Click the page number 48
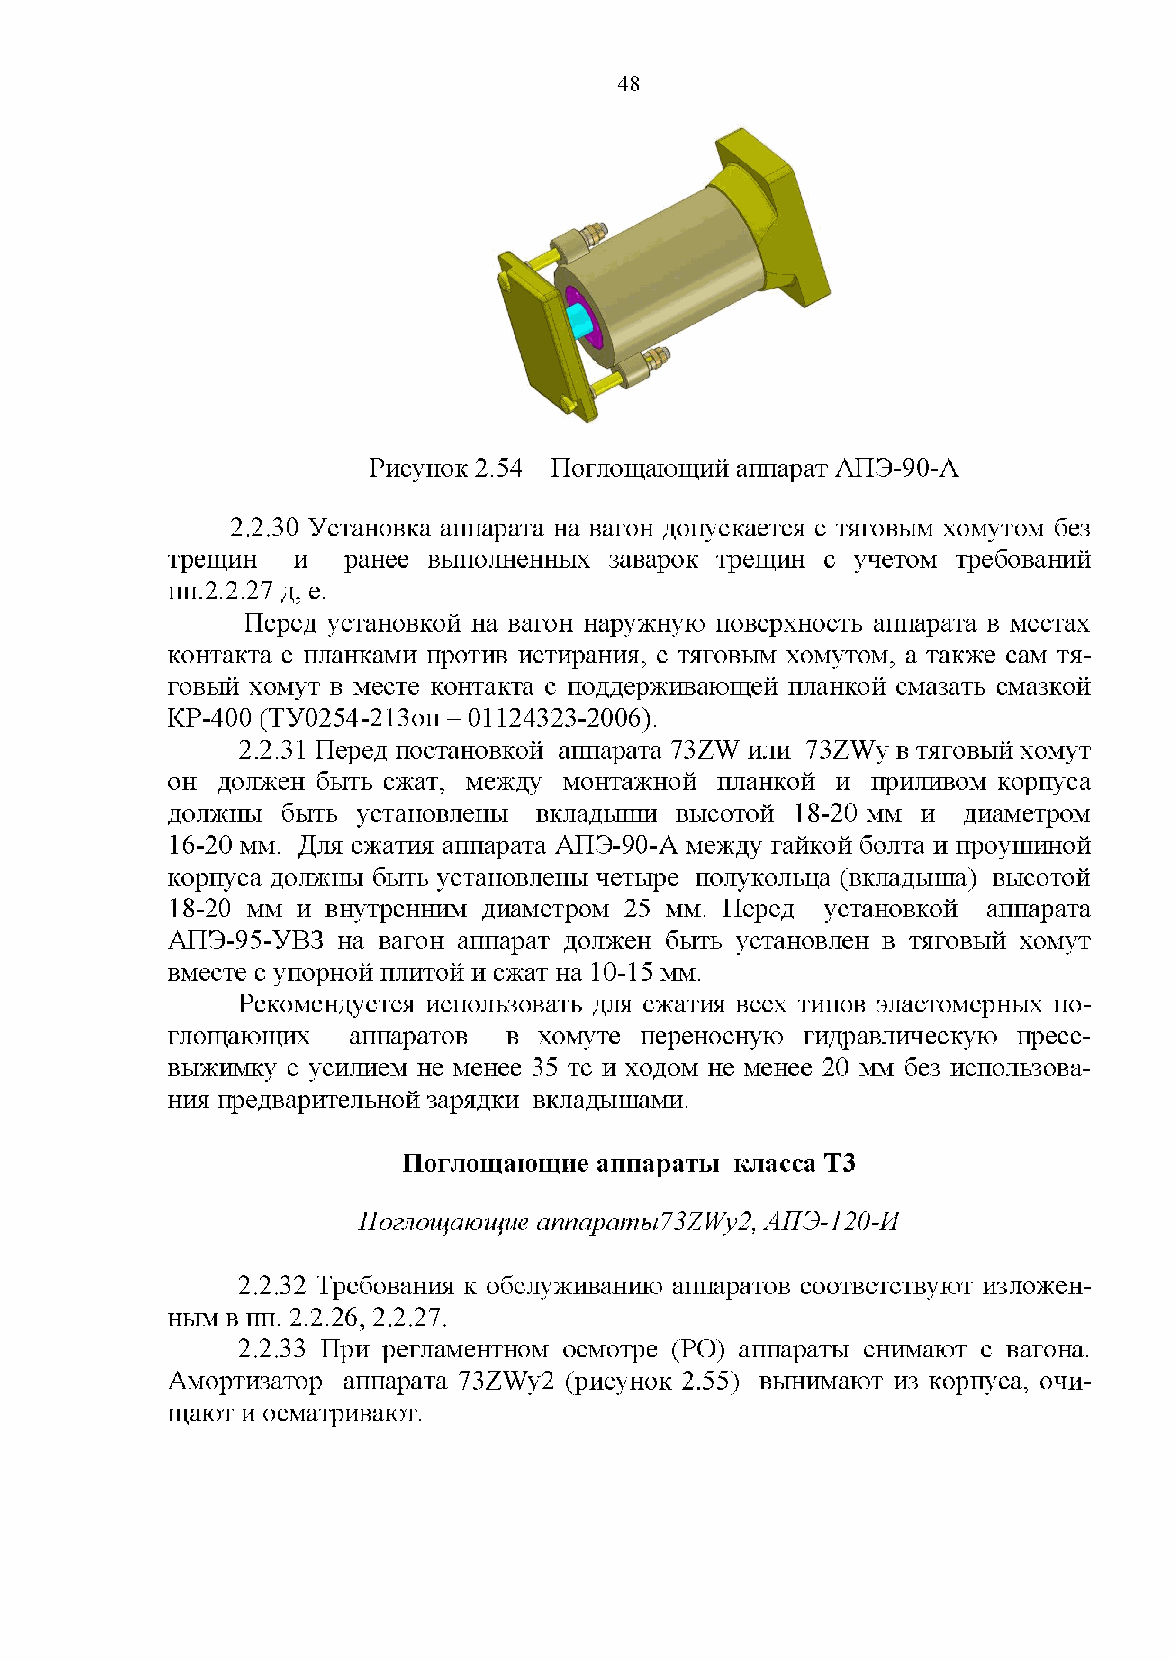(628, 85)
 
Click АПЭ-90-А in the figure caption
(896, 469)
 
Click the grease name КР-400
(209, 718)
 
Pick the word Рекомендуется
(326, 1005)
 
